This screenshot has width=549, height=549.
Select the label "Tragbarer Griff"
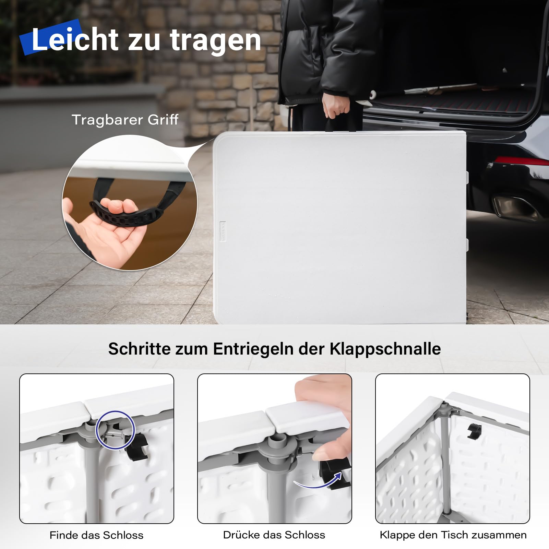point(125,120)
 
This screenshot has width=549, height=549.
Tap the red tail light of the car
point(521,160)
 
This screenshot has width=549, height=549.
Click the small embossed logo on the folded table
point(223,231)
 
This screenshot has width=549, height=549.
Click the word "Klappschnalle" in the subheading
point(385,349)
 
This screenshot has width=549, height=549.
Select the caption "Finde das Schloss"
point(96,535)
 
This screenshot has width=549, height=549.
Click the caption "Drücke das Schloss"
point(274,535)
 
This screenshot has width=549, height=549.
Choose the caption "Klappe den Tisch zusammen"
point(453,535)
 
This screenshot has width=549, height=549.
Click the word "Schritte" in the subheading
point(139,349)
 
